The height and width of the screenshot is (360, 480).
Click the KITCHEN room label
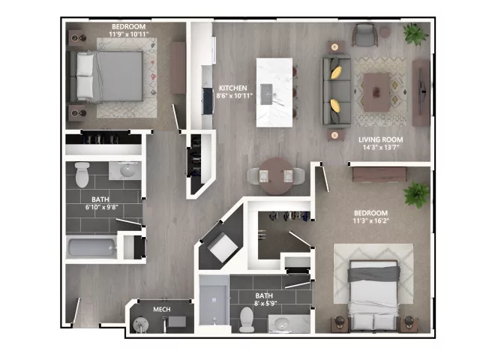point(233,88)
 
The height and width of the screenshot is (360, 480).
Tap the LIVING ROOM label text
point(381,139)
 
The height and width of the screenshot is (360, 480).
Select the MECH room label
point(162,310)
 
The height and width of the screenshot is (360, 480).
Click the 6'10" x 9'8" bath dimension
point(102,207)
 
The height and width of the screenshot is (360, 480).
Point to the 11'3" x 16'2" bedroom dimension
point(370,220)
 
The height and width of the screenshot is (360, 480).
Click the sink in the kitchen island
point(267,94)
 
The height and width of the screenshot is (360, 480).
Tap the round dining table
point(277,176)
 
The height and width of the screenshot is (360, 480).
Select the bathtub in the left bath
point(91,247)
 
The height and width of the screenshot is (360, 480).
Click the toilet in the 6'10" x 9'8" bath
point(82,175)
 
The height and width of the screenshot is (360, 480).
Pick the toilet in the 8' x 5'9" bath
point(247,320)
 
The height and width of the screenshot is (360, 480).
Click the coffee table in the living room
point(376,92)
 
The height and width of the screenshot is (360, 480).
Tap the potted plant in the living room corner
point(415,33)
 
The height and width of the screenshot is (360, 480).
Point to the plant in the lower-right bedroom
point(416,195)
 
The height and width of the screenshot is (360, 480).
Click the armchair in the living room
point(364,34)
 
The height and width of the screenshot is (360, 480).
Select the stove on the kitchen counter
point(207,100)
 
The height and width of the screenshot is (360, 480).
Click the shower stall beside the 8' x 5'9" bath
point(214,300)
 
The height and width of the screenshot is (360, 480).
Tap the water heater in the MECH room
point(140,324)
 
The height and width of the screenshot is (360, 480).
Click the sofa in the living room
point(337,91)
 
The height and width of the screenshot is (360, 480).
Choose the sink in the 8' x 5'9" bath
point(282,323)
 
